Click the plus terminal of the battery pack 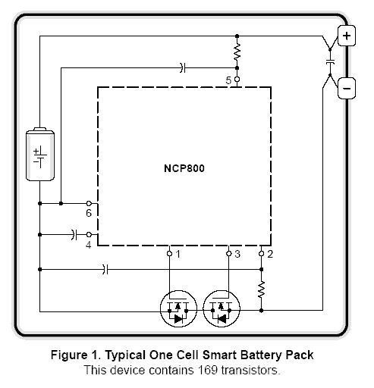(x=347, y=36)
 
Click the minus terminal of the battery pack (x=347, y=88)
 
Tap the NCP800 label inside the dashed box (x=184, y=168)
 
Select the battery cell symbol (x=40, y=154)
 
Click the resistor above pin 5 (x=237, y=52)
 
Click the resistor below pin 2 (x=261, y=289)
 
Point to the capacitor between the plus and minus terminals (x=330, y=61)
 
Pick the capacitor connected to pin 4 (x=74, y=235)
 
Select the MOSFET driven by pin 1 (x=178, y=308)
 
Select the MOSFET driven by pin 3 (x=222, y=308)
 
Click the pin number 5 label (x=228, y=80)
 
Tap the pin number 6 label (x=89, y=213)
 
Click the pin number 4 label (x=88, y=245)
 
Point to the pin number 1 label (x=178, y=254)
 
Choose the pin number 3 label (x=237, y=254)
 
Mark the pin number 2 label (x=270, y=254)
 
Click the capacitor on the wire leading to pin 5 (x=183, y=67)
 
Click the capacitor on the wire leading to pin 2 (x=105, y=269)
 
